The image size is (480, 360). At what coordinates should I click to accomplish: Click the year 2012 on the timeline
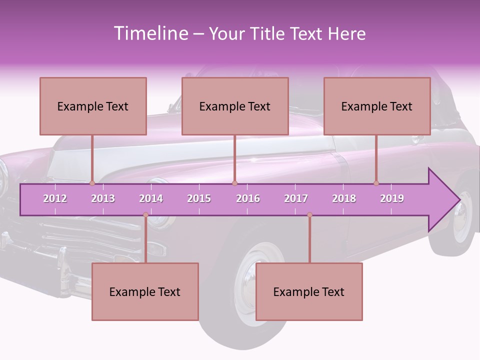tap(55, 198)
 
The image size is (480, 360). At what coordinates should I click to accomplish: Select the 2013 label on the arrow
tap(103, 198)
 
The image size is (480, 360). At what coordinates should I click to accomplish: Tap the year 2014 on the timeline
tap(151, 198)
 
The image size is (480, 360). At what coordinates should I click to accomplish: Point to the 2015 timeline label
tap(199, 198)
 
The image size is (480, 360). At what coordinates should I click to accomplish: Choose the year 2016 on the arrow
tap(248, 198)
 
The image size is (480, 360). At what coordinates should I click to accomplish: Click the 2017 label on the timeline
tap(296, 198)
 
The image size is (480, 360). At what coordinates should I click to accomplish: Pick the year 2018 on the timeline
tap(344, 198)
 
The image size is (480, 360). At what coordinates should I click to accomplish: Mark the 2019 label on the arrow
tap(392, 198)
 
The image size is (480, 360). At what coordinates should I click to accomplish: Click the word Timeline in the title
tap(150, 33)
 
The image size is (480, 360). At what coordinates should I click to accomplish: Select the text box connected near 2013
tap(93, 106)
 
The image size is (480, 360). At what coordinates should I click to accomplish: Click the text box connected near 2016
tap(235, 106)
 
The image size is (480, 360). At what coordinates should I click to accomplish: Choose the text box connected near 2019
tap(377, 106)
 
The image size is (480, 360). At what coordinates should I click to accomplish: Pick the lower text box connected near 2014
tap(145, 291)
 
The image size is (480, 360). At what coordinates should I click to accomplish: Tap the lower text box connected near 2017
tap(309, 291)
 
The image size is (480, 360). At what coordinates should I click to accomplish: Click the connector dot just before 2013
tap(92, 183)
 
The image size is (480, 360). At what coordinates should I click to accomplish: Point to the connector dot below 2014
tap(145, 215)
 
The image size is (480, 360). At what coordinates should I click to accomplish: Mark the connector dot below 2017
tap(309, 215)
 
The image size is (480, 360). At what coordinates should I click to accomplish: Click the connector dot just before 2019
tap(376, 183)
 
